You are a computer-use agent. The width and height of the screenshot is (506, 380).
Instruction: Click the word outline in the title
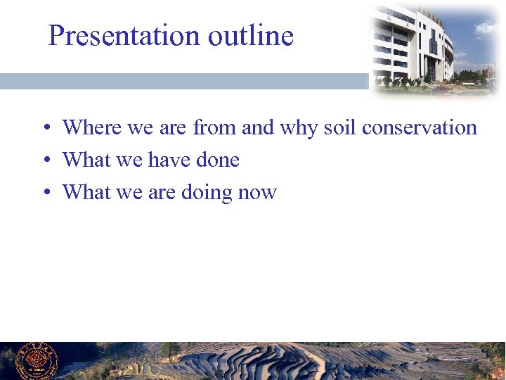[x=250, y=35]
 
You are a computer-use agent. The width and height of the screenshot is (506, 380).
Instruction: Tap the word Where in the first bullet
[x=92, y=127]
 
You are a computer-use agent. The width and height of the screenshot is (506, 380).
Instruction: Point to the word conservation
[x=420, y=127]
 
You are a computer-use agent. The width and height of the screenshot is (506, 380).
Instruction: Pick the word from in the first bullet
[x=215, y=127]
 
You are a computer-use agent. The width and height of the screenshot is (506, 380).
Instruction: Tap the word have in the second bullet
[x=169, y=160]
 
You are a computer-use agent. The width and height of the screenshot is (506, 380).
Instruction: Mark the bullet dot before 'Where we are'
[x=45, y=129]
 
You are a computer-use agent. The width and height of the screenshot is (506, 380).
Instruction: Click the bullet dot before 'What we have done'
[x=45, y=161]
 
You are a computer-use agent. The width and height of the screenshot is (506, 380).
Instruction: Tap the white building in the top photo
[x=415, y=46]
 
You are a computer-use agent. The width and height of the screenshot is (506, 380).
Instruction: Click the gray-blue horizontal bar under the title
[x=183, y=81]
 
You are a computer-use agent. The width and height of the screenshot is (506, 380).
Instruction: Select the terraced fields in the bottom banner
[x=281, y=362]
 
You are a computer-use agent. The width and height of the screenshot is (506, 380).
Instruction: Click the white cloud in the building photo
[x=486, y=28]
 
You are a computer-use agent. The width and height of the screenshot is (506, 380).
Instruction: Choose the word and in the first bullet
[x=257, y=127]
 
